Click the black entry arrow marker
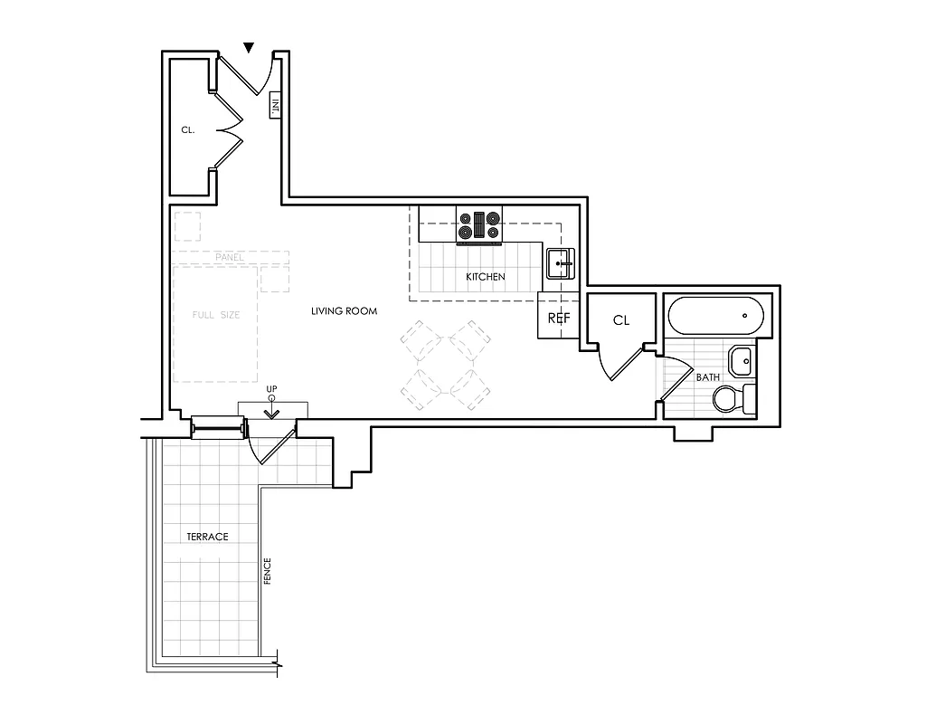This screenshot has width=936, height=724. [x=250, y=47]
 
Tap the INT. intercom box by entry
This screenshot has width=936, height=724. [x=275, y=105]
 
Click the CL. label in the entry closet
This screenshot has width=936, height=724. [x=188, y=130]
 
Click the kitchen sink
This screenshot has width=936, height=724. [x=561, y=263]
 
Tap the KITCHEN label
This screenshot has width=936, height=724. [x=485, y=277]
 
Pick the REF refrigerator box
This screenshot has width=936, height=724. [x=557, y=319]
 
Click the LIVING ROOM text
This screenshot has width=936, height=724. [x=344, y=311]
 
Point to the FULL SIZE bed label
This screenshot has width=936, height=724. [x=216, y=315]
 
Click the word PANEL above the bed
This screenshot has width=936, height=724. [x=230, y=258]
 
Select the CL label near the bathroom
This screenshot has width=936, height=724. [x=620, y=320]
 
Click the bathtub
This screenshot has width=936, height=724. [x=716, y=317]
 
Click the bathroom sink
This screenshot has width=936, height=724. [x=741, y=360]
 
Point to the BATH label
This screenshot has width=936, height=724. [x=707, y=377]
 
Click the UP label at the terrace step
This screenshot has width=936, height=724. [x=271, y=389]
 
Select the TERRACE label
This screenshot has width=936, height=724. [x=207, y=537]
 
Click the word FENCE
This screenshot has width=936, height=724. [x=268, y=570]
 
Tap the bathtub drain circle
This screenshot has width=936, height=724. [x=744, y=317]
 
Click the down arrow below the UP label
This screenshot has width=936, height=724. [x=271, y=412]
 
